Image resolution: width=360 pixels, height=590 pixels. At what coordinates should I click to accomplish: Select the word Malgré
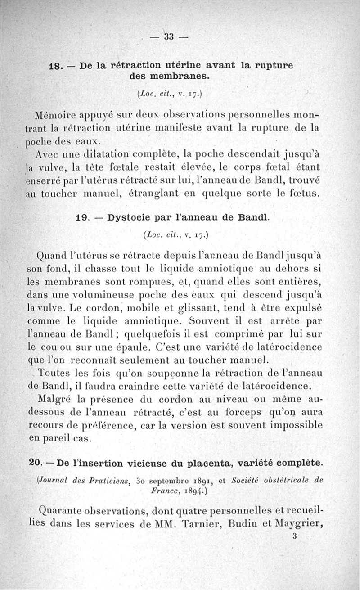click(x=56, y=400)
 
